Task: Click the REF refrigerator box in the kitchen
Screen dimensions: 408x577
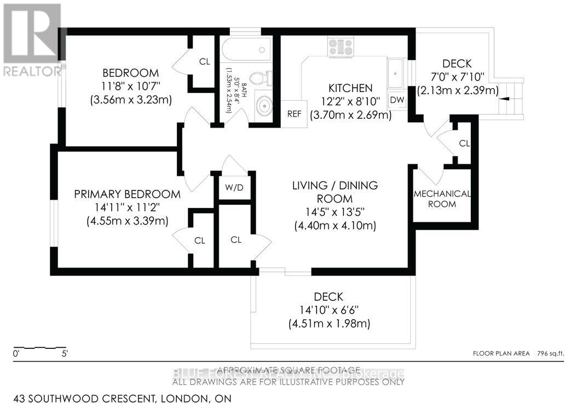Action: pos(294,114)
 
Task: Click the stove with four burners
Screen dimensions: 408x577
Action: pos(341,47)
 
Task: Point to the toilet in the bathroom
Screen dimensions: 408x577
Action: pos(259,79)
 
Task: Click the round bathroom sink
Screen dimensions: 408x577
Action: pos(264,105)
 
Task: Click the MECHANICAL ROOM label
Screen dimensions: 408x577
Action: pos(442,199)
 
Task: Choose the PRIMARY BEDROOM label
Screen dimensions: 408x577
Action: pos(128,194)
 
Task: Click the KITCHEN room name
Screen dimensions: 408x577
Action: pos(350,88)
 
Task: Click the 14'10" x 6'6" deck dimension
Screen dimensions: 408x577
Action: pos(329,311)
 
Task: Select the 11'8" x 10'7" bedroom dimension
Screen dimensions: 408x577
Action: pos(131,86)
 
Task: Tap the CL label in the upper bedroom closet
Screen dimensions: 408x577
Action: pos(204,61)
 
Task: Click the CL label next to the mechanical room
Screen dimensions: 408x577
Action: pos(464,143)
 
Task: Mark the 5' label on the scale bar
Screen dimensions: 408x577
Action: pos(65,354)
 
